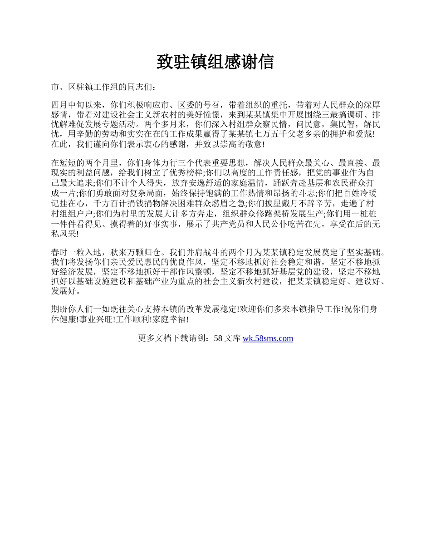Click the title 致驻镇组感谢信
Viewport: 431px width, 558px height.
(215, 63)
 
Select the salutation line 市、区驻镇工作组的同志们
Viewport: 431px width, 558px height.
(103, 87)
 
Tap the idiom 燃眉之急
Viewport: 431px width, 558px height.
(230, 203)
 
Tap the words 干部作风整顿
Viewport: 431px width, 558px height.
(190, 272)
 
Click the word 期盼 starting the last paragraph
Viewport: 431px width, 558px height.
(60, 309)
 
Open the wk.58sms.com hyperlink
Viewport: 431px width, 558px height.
(268, 338)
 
